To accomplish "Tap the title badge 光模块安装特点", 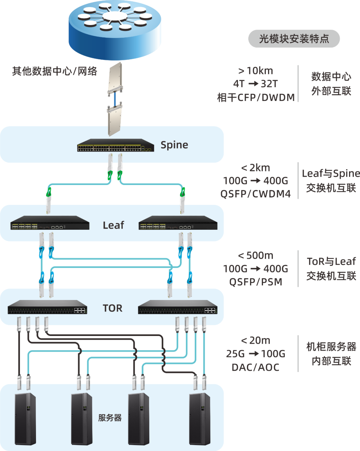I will tap(294, 39).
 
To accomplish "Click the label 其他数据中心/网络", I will tap(55, 71).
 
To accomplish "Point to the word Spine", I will tap(174, 145).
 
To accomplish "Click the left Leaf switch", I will tap(50, 223).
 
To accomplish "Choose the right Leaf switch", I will tap(178, 223).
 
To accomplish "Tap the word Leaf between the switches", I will tap(113, 225).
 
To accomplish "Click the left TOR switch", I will tap(47, 307).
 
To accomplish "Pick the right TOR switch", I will tap(178, 307).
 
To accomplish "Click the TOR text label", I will tap(113, 308).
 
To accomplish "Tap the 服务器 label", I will tap(110, 418).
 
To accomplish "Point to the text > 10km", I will tap(256, 71).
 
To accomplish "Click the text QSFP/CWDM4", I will tap(256, 194).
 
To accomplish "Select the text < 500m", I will tap(256, 256).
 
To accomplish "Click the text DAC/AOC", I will tap(256, 367).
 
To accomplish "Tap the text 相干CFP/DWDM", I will tap(256, 97).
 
